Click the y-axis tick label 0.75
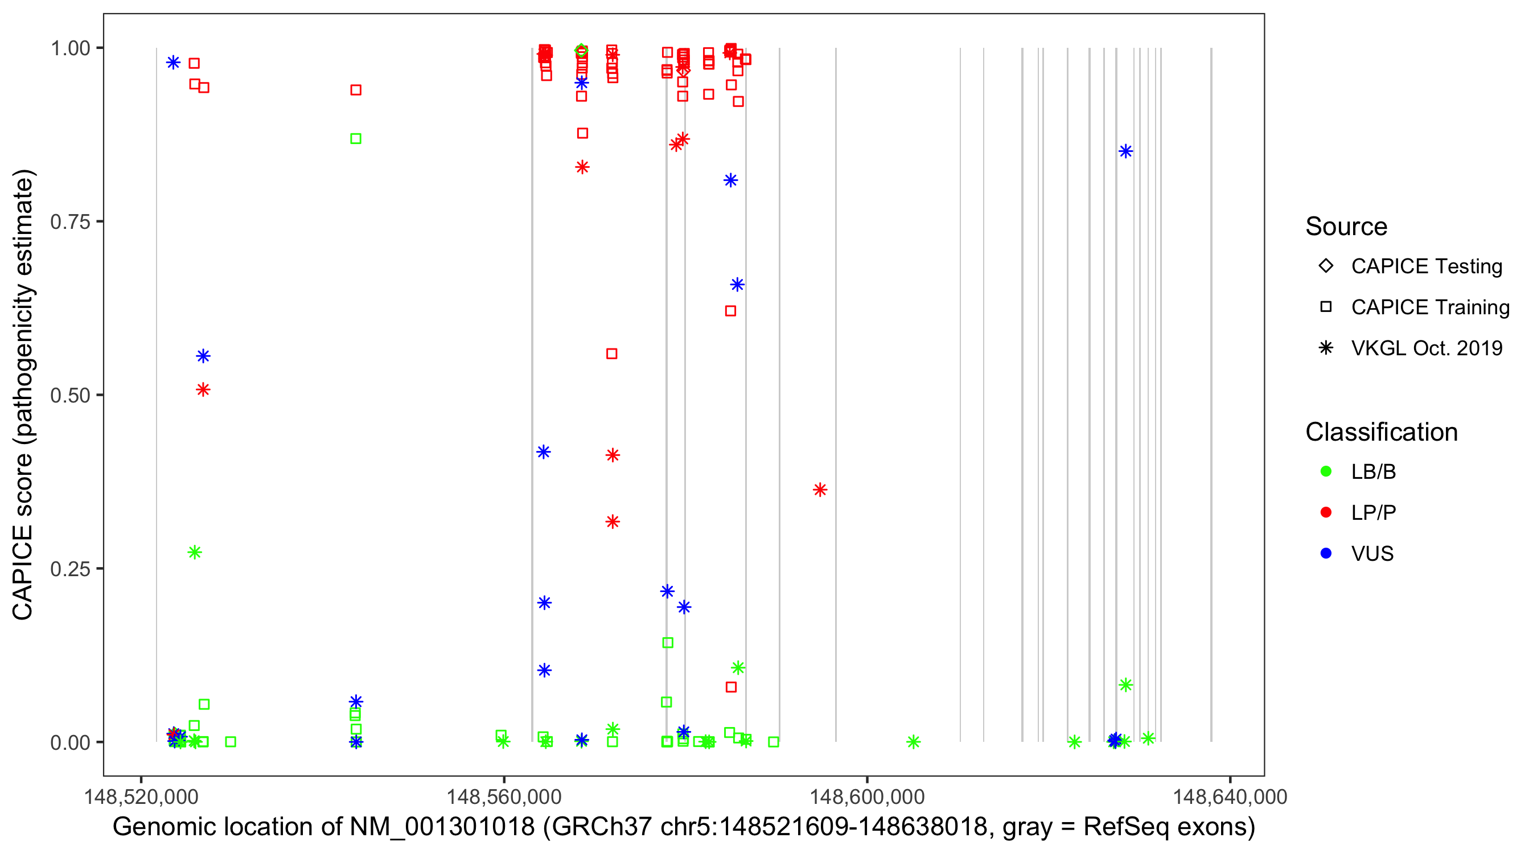pos(69,221)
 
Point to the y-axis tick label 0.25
pos(69,569)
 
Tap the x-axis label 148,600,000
pos(866,796)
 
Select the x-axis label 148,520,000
pos(141,796)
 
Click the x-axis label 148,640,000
pos(1230,796)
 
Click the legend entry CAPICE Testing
pos(1426,266)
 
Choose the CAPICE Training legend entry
pos(1429,307)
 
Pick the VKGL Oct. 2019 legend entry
pos(1426,348)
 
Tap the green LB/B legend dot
pos(1326,471)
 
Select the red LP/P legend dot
pos(1326,512)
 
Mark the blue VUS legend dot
pos(1326,553)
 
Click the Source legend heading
pos(1346,227)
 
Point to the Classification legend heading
pos(1381,432)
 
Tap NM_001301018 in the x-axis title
pos(442,827)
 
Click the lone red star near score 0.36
pos(820,490)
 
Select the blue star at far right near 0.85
pos(1125,151)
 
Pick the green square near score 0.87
pos(356,138)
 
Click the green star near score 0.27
pos(195,552)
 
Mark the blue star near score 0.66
pos(737,285)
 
